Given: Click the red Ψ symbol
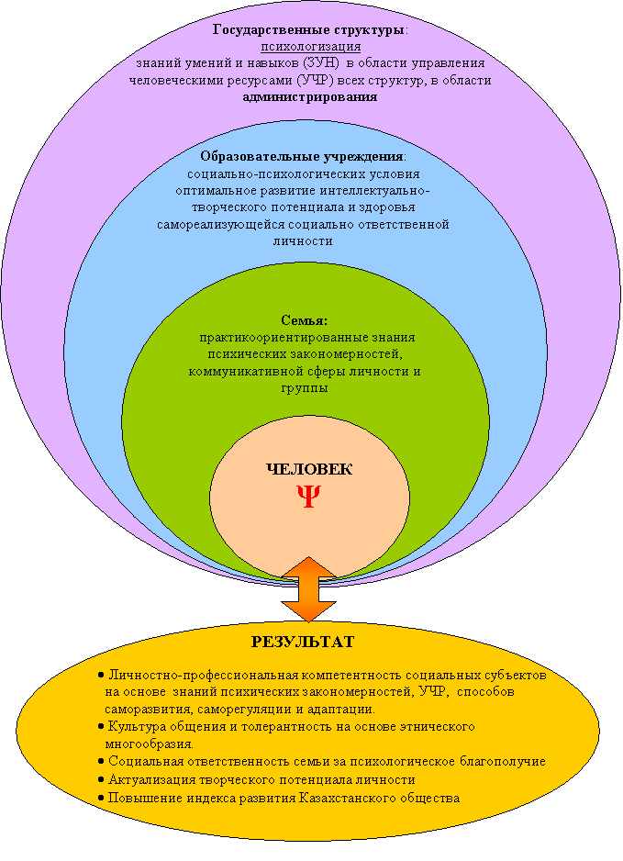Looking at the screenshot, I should tap(308, 496).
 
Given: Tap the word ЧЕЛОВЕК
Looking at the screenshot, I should tap(308, 469).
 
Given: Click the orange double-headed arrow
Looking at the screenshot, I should tap(308, 588).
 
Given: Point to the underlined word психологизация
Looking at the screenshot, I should tap(311, 47).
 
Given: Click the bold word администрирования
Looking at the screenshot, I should tap(310, 96).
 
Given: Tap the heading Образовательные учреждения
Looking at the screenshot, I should tap(301, 157).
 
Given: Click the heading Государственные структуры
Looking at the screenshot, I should tap(309, 30).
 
